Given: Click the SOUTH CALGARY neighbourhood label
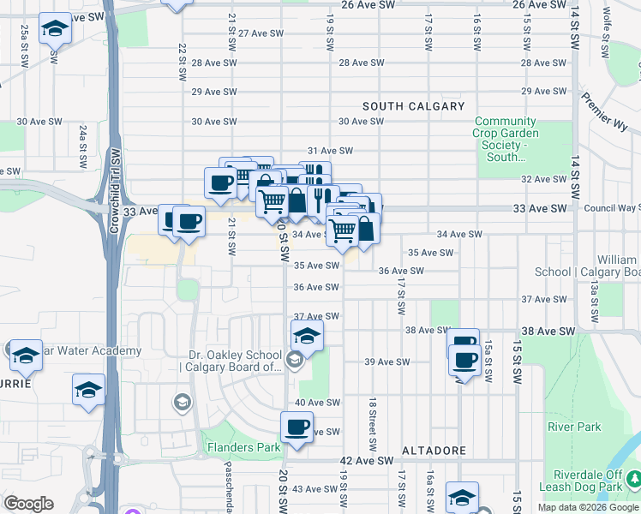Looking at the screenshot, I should [x=413, y=106].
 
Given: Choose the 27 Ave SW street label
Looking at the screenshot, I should [x=261, y=33].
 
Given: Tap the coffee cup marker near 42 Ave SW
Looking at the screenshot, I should [x=297, y=427].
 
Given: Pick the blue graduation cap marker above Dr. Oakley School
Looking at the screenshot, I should [x=307, y=336].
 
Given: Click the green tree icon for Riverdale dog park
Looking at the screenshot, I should [x=633, y=477].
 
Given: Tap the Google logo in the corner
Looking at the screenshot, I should [x=28, y=504].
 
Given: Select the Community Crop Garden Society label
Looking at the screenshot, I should [x=506, y=139].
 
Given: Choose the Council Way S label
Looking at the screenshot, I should [x=612, y=208].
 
